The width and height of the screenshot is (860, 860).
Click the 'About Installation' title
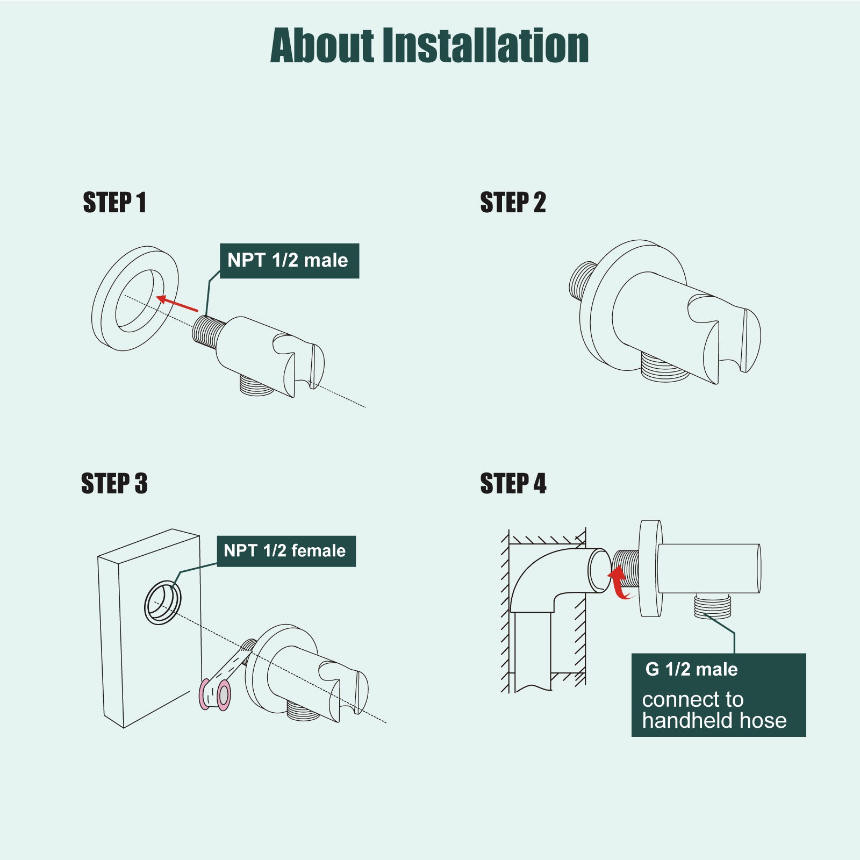coord(429,46)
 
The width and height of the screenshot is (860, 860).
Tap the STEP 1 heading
coord(114,203)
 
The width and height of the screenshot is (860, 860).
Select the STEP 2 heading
coord(513,203)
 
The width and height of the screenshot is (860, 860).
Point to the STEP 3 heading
coord(114,483)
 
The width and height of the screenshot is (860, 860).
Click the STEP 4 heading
coord(513,483)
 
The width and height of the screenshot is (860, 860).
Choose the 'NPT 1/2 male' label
coord(289,261)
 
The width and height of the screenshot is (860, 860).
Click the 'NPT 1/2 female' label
coord(286,551)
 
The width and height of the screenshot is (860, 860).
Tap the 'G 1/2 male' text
coord(691,670)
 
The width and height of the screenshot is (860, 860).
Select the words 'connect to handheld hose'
coord(714,709)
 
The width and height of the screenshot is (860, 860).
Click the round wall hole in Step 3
coord(162,603)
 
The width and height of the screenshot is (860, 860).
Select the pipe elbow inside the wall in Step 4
coord(537,575)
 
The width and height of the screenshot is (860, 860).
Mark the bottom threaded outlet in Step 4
coord(713,606)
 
